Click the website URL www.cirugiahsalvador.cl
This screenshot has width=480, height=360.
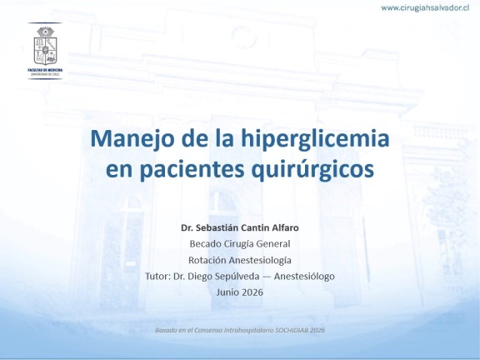coord(425,8)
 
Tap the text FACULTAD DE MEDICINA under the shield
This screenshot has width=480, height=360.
coord(45,70)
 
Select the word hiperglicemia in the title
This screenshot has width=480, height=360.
coord(315,138)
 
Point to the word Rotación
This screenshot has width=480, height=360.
coord(207,260)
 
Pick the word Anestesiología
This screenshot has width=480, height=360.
coord(260,260)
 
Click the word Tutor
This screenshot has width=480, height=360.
coord(157,276)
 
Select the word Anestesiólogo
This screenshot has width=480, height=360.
coord(304,277)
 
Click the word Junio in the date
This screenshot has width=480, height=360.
coord(227,292)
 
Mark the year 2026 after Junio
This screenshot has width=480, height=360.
coord(252,292)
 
